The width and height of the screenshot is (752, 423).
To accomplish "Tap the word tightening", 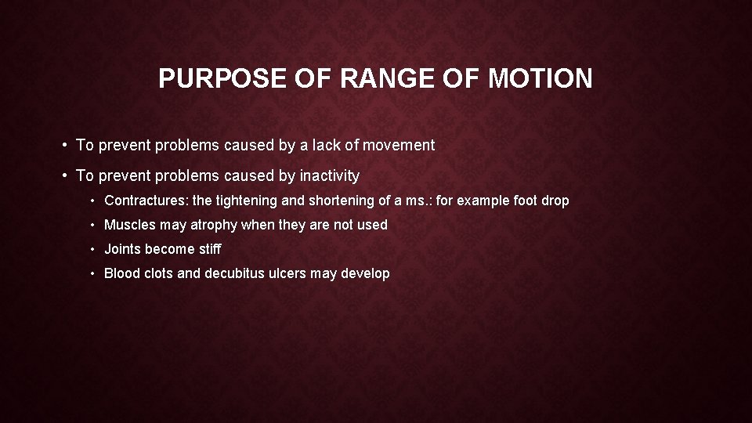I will click(x=247, y=201).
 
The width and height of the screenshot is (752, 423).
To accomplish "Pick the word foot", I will click(x=525, y=201).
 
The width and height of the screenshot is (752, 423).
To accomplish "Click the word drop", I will click(x=555, y=201).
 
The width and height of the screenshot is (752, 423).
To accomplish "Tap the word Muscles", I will click(x=130, y=225).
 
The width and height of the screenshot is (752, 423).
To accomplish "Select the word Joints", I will click(x=123, y=249).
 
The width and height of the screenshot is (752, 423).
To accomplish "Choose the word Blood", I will click(x=122, y=273).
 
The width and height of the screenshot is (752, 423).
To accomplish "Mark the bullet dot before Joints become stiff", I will click(x=93, y=250).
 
